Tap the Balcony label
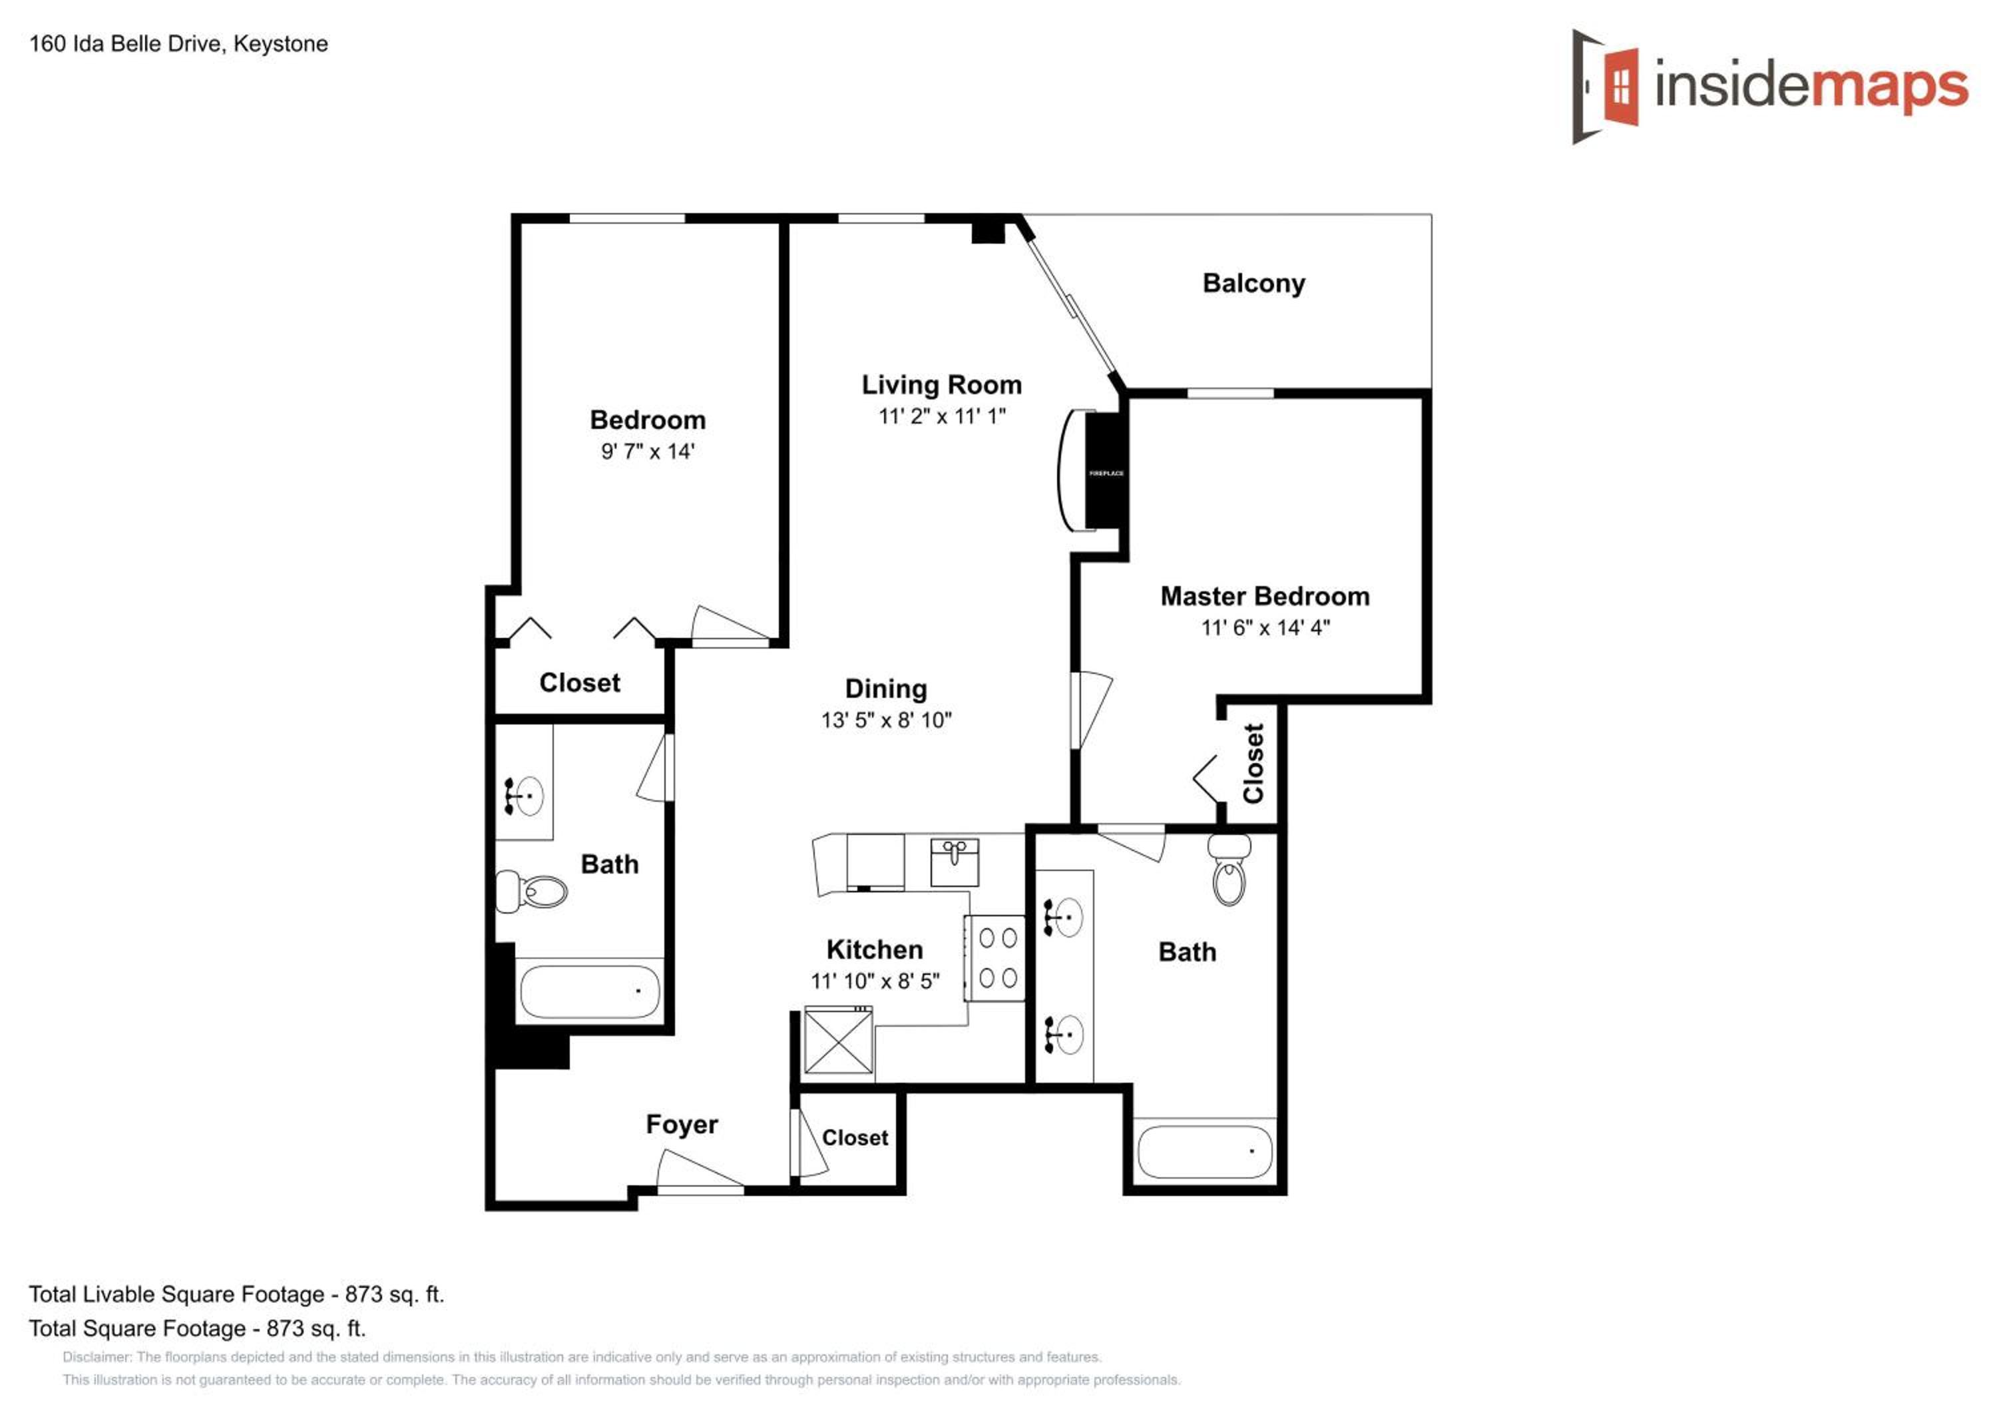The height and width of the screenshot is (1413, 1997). (x=1253, y=284)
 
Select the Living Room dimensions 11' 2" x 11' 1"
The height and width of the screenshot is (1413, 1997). (x=942, y=416)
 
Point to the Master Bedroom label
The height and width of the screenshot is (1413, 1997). (x=1265, y=596)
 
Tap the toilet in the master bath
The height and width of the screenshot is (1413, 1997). (x=1228, y=868)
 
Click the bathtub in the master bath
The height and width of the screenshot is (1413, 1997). (x=1205, y=1151)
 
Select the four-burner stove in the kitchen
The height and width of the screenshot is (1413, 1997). (x=995, y=958)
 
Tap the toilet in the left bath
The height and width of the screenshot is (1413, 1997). (x=531, y=891)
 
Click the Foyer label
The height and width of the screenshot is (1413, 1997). (x=682, y=1124)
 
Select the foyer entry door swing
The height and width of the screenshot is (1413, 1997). (x=700, y=1169)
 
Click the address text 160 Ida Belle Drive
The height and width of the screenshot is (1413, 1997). (x=128, y=43)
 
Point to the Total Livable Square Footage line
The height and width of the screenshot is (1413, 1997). (x=236, y=1294)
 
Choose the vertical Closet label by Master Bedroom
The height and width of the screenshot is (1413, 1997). (x=1253, y=763)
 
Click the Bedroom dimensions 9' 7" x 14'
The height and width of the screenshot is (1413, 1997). (x=648, y=451)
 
